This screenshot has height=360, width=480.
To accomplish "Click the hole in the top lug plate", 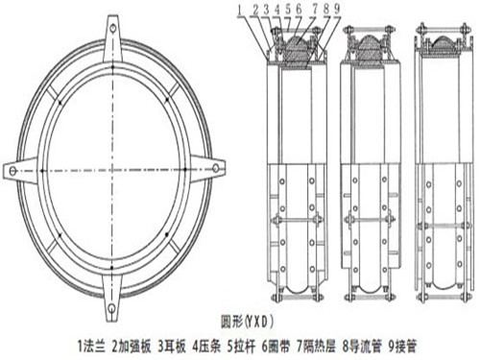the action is click(x=112, y=29).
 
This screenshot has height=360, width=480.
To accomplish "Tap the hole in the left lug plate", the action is click(x=12, y=171).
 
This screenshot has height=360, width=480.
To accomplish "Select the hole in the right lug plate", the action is click(x=216, y=168).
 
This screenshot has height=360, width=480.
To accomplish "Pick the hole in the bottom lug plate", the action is click(x=111, y=308).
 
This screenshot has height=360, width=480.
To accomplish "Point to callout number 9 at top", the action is click(x=337, y=10).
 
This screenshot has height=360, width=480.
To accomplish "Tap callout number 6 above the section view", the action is click(x=299, y=10).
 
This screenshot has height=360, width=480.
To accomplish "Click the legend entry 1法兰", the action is click(x=91, y=347).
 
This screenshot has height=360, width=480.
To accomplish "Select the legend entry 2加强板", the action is click(x=132, y=347).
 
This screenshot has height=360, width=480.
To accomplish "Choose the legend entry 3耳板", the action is click(x=172, y=347).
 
